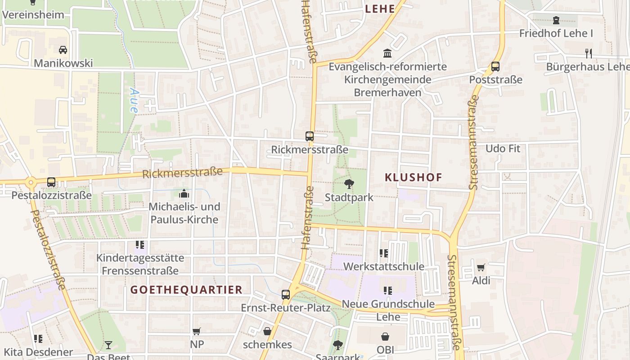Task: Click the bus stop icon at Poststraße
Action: pyautogui.click(x=495, y=67)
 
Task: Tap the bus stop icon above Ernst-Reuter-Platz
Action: pyautogui.click(x=286, y=295)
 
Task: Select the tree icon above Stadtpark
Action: pyautogui.click(x=349, y=184)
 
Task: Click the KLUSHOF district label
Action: pyautogui.click(x=414, y=177)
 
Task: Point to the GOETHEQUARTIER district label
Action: pyautogui.click(x=187, y=290)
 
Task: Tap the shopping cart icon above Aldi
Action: pyautogui.click(x=481, y=268)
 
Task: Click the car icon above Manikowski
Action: pyautogui.click(x=63, y=49)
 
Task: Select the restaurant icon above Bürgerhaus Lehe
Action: pyautogui.click(x=588, y=54)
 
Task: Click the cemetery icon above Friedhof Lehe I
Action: pyautogui.click(x=556, y=20)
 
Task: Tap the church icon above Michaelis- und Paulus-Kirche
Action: pyautogui.click(x=184, y=194)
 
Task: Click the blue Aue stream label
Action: pyautogui.click(x=134, y=99)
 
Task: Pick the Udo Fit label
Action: pyautogui.click(x=503, y=148)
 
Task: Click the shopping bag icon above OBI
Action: pyautogui.click(x=385, y=336)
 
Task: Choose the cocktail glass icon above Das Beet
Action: pyautogui.click(x=108, y=345)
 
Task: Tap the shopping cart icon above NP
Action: pyautogui.click(x=196, y=332)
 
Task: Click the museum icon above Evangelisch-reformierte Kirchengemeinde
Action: pyautogui.click(x=387, y=54)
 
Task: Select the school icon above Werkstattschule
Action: pyautogui.click(x=383, y=253)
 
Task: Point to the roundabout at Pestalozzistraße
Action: pyautogui.click(x=31, y=183)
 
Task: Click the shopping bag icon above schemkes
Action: pyautogui.click(x=267, y=332)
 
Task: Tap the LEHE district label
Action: pyautogui.click(x=380, y=9)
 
